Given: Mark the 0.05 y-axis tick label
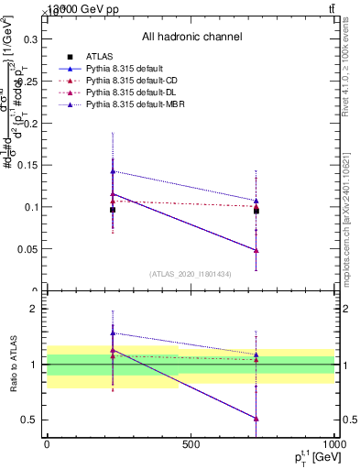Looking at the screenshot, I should click(29, 249).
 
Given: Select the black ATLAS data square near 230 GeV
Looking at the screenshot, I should click(113, 210).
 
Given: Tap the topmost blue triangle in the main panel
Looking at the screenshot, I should click(113, 171).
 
